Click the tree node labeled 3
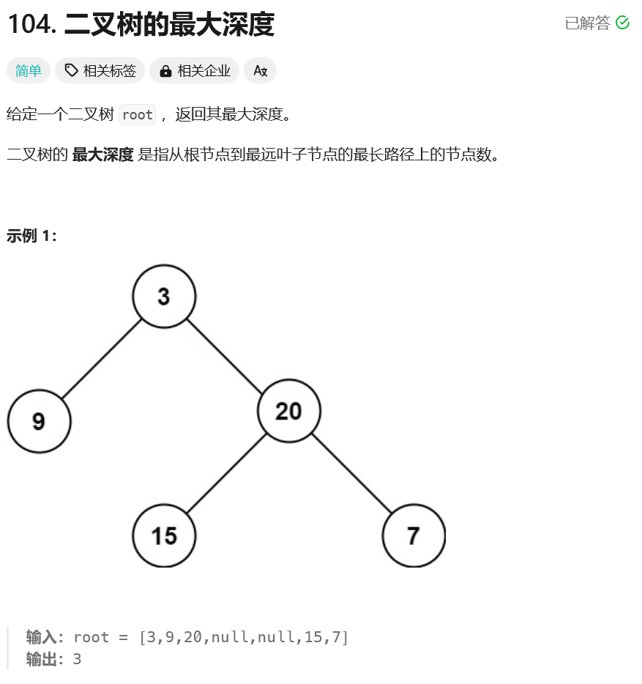164,296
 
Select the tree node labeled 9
39,421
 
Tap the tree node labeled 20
289,411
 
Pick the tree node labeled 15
164,535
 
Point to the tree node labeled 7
414,535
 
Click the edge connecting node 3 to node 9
101,359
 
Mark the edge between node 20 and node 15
226,473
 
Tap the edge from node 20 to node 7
351,473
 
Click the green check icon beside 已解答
623,23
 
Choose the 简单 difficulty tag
29,70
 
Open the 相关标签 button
100,70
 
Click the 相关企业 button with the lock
195,70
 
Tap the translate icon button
260,70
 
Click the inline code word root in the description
137,114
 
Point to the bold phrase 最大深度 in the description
102,155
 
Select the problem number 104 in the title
31,24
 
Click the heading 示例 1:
31,236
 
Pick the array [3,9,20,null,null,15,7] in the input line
244,637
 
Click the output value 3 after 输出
77,659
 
